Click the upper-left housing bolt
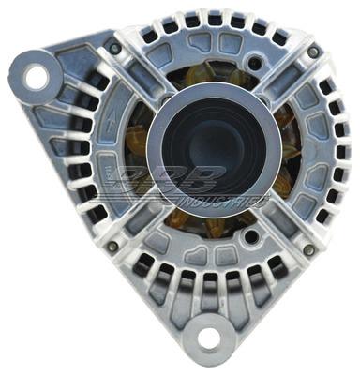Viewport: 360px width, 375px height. click(114, 48)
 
